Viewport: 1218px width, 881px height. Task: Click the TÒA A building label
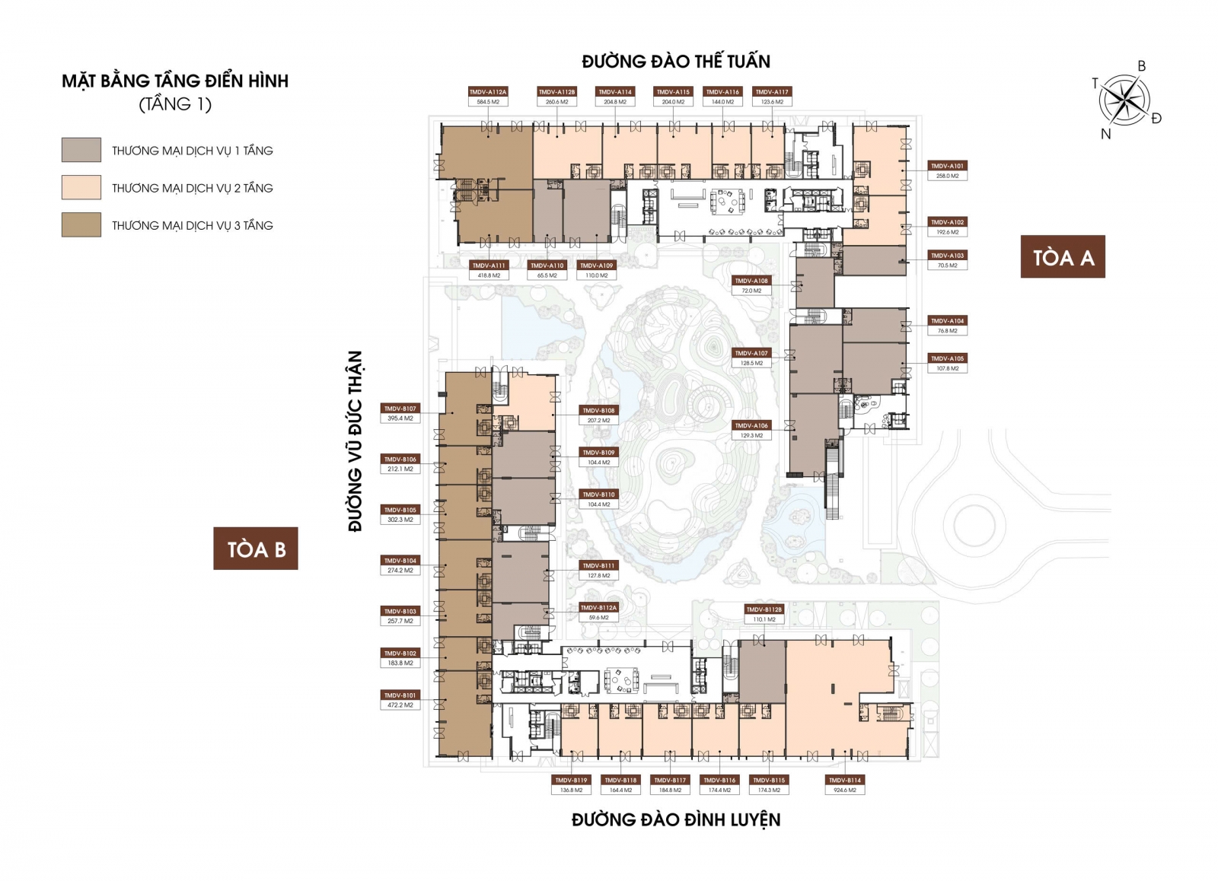1063,257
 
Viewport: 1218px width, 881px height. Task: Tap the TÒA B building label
256,549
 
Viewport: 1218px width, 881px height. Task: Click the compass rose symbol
1124,100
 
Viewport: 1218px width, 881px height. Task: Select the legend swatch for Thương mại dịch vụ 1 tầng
81,150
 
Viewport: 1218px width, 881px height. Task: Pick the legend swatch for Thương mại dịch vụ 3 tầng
81,224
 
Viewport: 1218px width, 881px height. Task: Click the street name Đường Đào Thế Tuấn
676,62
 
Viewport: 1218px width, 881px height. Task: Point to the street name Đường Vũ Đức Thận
356,441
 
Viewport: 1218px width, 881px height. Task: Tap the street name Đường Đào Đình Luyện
676,819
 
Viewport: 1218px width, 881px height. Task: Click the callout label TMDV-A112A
488,91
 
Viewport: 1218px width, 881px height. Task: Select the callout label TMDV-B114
845,780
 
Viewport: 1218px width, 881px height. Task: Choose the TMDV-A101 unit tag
947,165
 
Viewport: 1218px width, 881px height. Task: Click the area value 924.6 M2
845,790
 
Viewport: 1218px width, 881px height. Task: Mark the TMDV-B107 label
400,409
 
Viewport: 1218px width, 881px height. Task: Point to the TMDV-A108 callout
751,281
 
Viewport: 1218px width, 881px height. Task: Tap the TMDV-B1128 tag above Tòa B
764,609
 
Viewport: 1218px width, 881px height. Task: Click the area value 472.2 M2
400,705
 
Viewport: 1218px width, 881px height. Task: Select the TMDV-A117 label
772,91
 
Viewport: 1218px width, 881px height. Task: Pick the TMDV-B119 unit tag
571,780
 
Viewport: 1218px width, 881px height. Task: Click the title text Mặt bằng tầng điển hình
175,81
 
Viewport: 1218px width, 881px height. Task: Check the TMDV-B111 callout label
599,565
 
